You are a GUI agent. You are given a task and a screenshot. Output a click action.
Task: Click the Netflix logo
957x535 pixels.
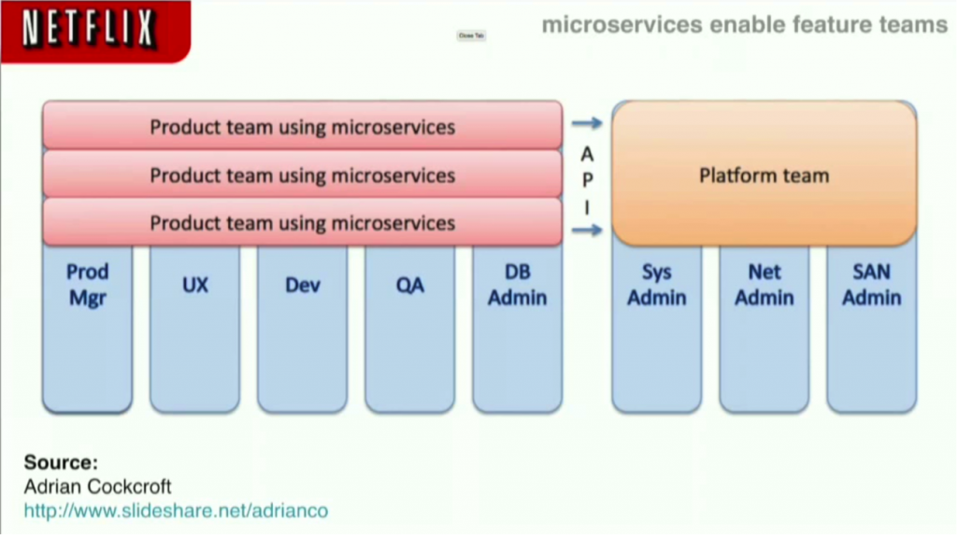pos(89,29)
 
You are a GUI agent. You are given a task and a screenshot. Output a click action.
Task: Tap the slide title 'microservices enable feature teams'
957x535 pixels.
pos(744,24)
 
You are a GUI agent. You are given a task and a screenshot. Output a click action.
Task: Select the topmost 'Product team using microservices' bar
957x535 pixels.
pos(302,126)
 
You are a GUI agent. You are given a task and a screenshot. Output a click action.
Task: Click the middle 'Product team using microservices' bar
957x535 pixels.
pos(302,175)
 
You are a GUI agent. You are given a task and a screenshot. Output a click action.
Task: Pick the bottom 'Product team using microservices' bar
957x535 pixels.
pos(302,222)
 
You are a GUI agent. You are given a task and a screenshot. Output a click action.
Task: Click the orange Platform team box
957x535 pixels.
pos(764,175)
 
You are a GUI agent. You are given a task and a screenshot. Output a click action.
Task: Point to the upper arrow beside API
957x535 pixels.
pos(587,122)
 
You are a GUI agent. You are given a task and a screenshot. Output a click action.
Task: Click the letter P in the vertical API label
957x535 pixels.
pos(587,180)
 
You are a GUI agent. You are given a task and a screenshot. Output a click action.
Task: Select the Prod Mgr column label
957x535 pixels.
pos(87,285)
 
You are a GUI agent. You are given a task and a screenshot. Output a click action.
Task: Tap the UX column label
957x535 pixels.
pos(194,285)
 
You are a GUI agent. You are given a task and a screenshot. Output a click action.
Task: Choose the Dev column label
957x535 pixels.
pos(302,285)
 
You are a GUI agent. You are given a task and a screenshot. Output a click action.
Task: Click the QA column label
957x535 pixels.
pos(409,285)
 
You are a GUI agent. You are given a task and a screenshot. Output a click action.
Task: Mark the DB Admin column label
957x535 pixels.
pos(517,285)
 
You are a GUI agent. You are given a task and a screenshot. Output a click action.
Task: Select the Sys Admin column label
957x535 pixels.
pos(656,285)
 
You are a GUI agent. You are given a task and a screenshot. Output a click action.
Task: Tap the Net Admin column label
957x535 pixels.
pos(764,285)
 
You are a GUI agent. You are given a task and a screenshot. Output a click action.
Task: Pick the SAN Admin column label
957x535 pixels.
pos(871,285)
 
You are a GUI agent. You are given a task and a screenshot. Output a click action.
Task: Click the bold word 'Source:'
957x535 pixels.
pos(61,462)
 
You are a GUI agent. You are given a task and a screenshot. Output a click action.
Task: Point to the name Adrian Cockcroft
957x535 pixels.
pos(98,486)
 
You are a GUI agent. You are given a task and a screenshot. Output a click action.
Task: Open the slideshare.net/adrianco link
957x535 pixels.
pos(176,511)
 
